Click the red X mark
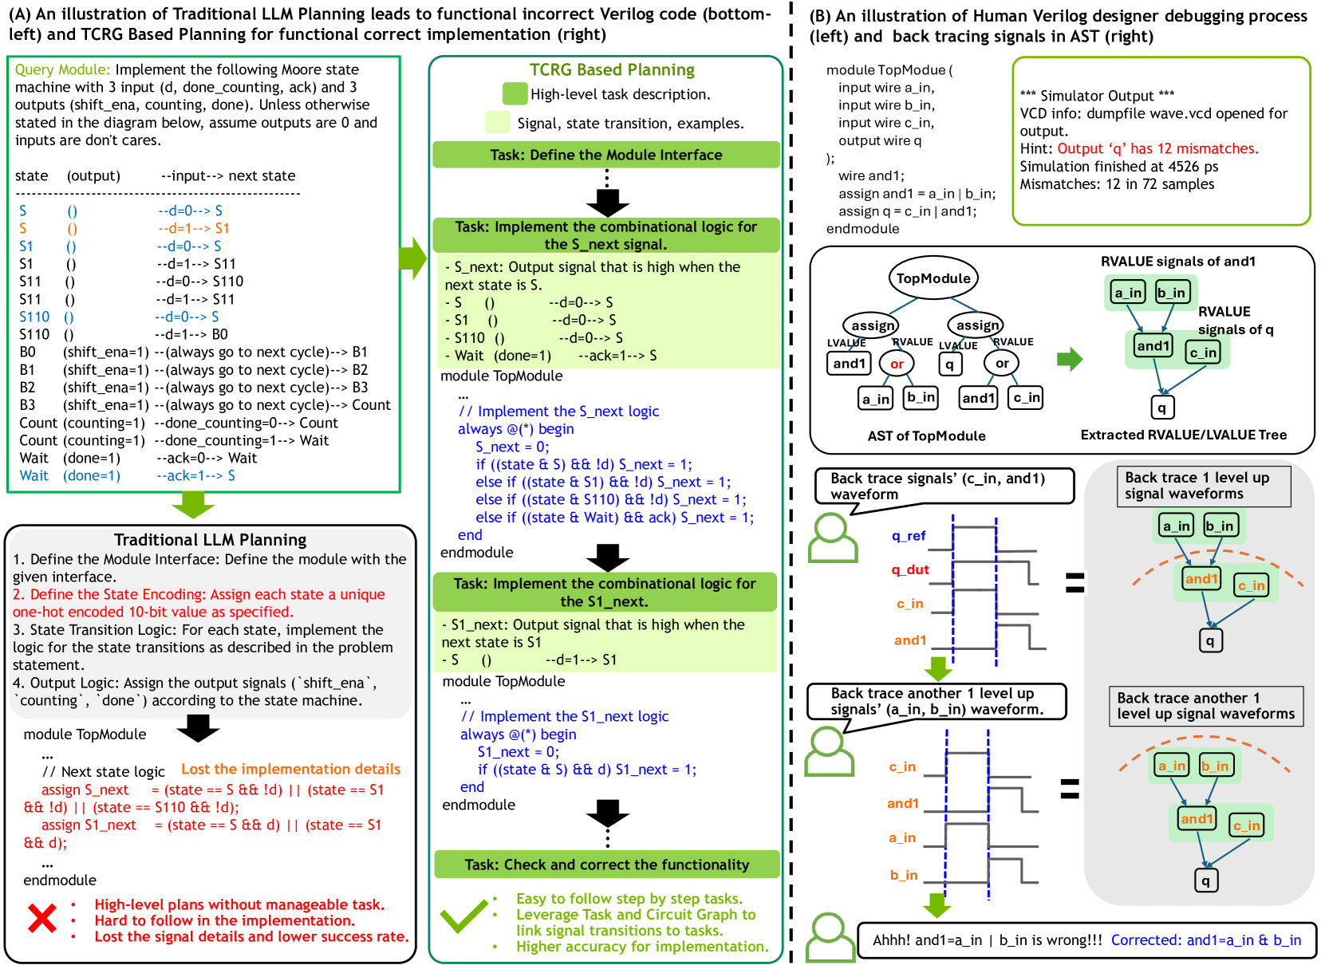pyautogui.click(x=42, y=918)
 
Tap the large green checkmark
pyautogui.click(x=463, y=916)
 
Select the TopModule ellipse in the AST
pyautogui.click(x=933, y=278)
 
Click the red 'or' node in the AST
pyautogui.click(x=897, y=364)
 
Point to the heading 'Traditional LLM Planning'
pyautogui.click(x=210, y=540)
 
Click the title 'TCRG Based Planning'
pyautogui.click(x=612, y=70)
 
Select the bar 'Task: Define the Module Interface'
pyautogui.click(x=605, y=155)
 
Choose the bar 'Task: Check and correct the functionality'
pyautogui.click(x=606, y=865)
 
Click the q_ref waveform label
pyautogui.click(x=909, y=536)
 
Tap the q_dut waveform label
pyautogui.click(x=910, y=569)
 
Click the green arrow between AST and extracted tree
pyautogui.click(x=1069, y=360)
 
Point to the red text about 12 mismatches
pyautogui.click(x=1157, y=148)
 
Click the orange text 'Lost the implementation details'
pyautogui.click(x=290, y=769)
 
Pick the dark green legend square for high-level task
pyautogui.click(x=515, y=94)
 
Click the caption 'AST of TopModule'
pyautogui.click(x=926, y=435)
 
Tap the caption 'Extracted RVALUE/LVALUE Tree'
pyautogui.click(x=1183, y=435)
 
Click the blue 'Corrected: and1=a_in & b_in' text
pyautogui.click(x=1205, y=940)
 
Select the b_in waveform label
pyautogui.click(x=904, y=875)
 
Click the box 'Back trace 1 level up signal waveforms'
pyautogui.click(x=1203, y=486)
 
